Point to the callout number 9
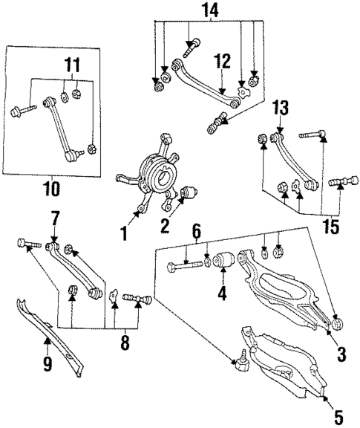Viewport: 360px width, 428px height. click(x=47, y=365)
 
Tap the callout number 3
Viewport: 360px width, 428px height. click(x=340, y=355)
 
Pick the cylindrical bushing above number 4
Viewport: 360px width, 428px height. click(x=223, y=262)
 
